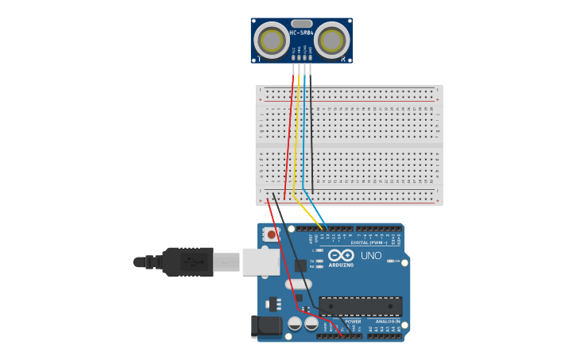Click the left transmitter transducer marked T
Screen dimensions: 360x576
click(x=272, y=41)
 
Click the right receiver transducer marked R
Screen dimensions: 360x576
click(x=332, y=41)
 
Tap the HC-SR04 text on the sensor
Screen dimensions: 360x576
click(x=302, y=33)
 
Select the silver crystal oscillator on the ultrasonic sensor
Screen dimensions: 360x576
click(x=302, y=24)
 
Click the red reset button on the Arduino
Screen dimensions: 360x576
click(x=272, y=234)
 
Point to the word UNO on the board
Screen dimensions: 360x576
click(x=371, y=256)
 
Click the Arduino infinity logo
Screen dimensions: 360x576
click(x=342, y=255)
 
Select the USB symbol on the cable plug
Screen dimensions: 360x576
click(x=191, y=261)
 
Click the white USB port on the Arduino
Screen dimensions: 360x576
click(x=261, y=261)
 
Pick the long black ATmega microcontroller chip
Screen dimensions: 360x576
click(x=360, y=306)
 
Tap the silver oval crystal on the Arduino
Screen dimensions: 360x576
click(x=299, y=284)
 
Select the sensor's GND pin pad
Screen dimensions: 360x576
click(x=310, y=59)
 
